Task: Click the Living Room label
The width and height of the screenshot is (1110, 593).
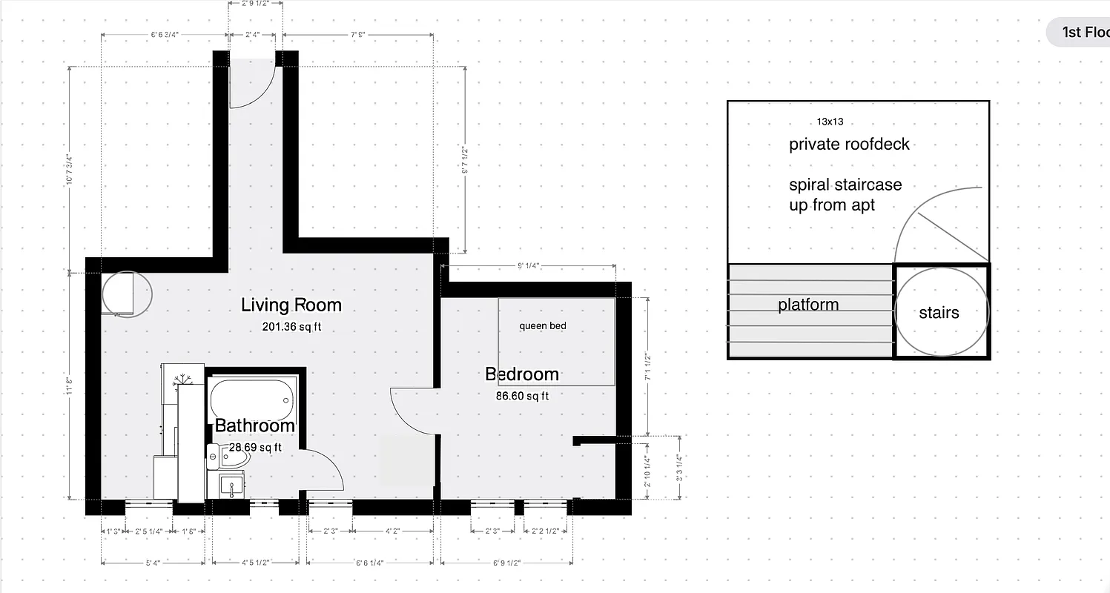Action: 291,305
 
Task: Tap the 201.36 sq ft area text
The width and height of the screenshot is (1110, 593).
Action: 291,326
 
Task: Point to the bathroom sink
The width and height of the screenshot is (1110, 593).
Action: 232,486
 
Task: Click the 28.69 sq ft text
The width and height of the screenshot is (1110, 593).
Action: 255,447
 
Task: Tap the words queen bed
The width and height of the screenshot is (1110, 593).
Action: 542,326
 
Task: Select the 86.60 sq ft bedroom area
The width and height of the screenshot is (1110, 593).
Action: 522,396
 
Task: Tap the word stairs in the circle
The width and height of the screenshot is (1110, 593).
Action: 939,313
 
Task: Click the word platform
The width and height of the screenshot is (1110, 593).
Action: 808,305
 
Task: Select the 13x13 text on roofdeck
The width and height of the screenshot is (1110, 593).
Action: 830,122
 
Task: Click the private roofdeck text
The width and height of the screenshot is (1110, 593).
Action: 849,144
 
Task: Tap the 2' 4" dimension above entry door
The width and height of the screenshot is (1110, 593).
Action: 251,34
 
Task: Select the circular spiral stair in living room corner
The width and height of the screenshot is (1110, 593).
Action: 127,294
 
